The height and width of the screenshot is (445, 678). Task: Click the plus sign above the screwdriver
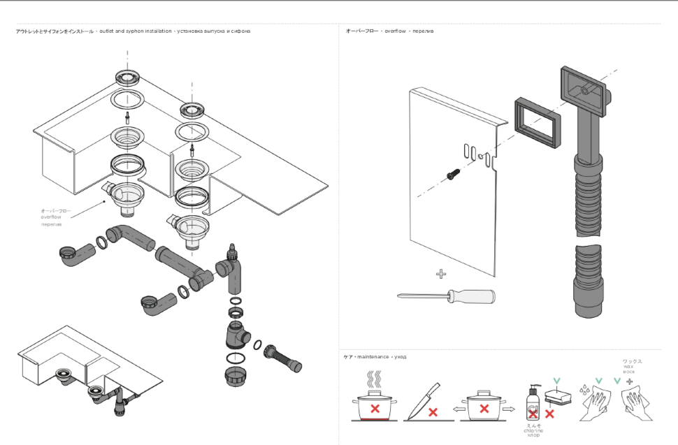coord(441,273)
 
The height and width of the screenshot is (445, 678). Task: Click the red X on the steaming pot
coord(375,408)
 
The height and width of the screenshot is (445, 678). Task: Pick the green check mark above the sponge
coord(556,381)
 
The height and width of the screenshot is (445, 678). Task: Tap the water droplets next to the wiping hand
coord(584,388)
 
